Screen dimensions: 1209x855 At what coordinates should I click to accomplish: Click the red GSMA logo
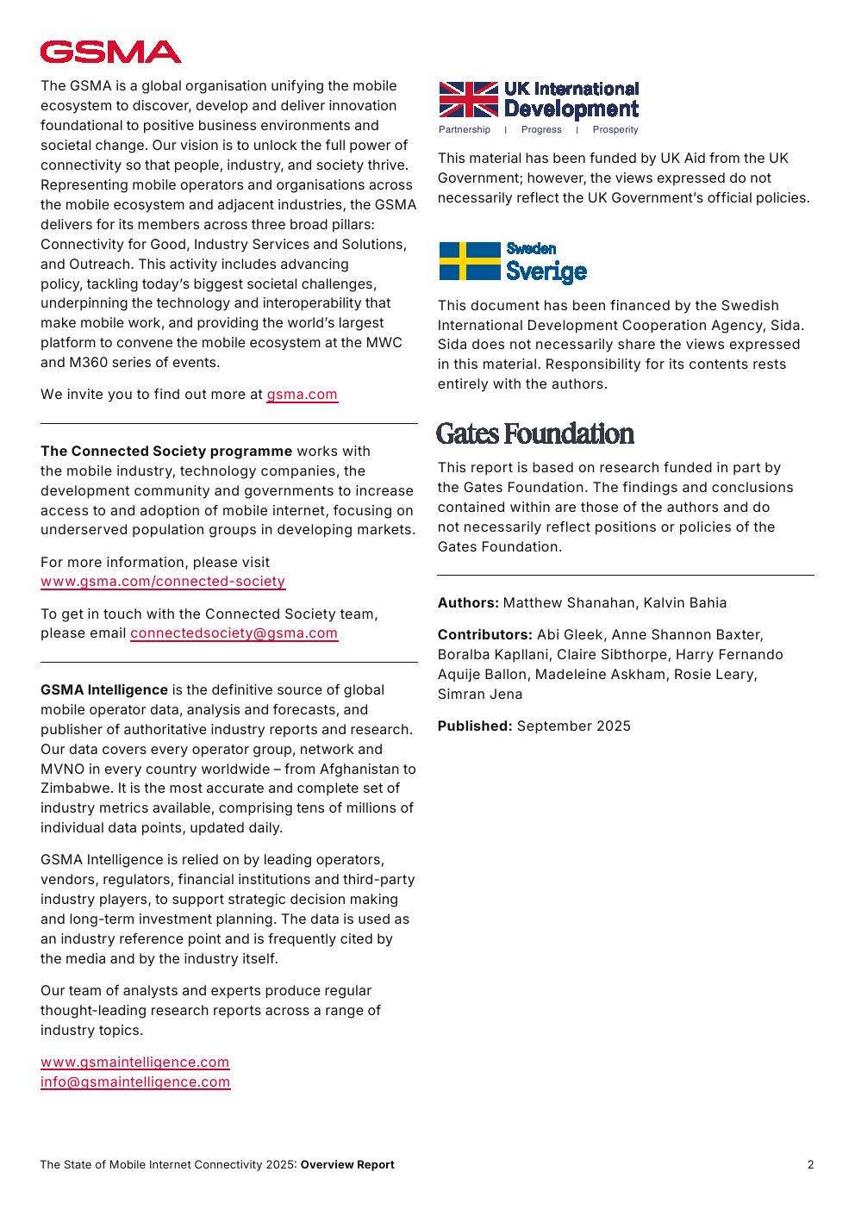coord(110,53)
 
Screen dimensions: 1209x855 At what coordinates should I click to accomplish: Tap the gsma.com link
coord(302,395)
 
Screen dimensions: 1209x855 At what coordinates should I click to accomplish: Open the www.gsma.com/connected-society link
coord(163,582)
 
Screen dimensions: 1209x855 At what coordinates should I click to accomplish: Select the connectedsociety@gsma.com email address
coord(234,633)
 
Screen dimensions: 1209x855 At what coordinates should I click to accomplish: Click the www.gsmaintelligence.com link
coord(134,1063)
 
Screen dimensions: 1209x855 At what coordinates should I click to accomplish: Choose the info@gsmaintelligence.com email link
coord(134,1082)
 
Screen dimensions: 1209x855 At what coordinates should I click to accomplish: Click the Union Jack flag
coord(468,99)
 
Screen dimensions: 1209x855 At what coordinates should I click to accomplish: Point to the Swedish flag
coord(469,261)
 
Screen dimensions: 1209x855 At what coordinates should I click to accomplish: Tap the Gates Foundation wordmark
coord(534,433)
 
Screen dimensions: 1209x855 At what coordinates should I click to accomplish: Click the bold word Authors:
coord(468,603)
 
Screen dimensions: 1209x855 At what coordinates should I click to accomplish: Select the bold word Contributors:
coord(484,635)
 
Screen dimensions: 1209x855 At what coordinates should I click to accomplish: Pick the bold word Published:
coord(475,726)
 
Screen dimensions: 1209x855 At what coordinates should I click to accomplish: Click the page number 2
coord(810,1165)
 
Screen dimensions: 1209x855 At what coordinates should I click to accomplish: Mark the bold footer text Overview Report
coord(347,1165)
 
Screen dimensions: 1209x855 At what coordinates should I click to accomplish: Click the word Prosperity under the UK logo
coord(615,130)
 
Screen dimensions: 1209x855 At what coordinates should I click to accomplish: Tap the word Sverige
coord(546,271)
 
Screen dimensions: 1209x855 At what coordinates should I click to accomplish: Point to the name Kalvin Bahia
coord(684,603)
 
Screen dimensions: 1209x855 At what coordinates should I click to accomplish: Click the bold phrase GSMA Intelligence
coord(104,690)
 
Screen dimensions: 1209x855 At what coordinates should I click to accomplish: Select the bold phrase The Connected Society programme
coord(166,452)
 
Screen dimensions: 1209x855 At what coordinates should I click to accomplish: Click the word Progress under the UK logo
coord(541,130)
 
